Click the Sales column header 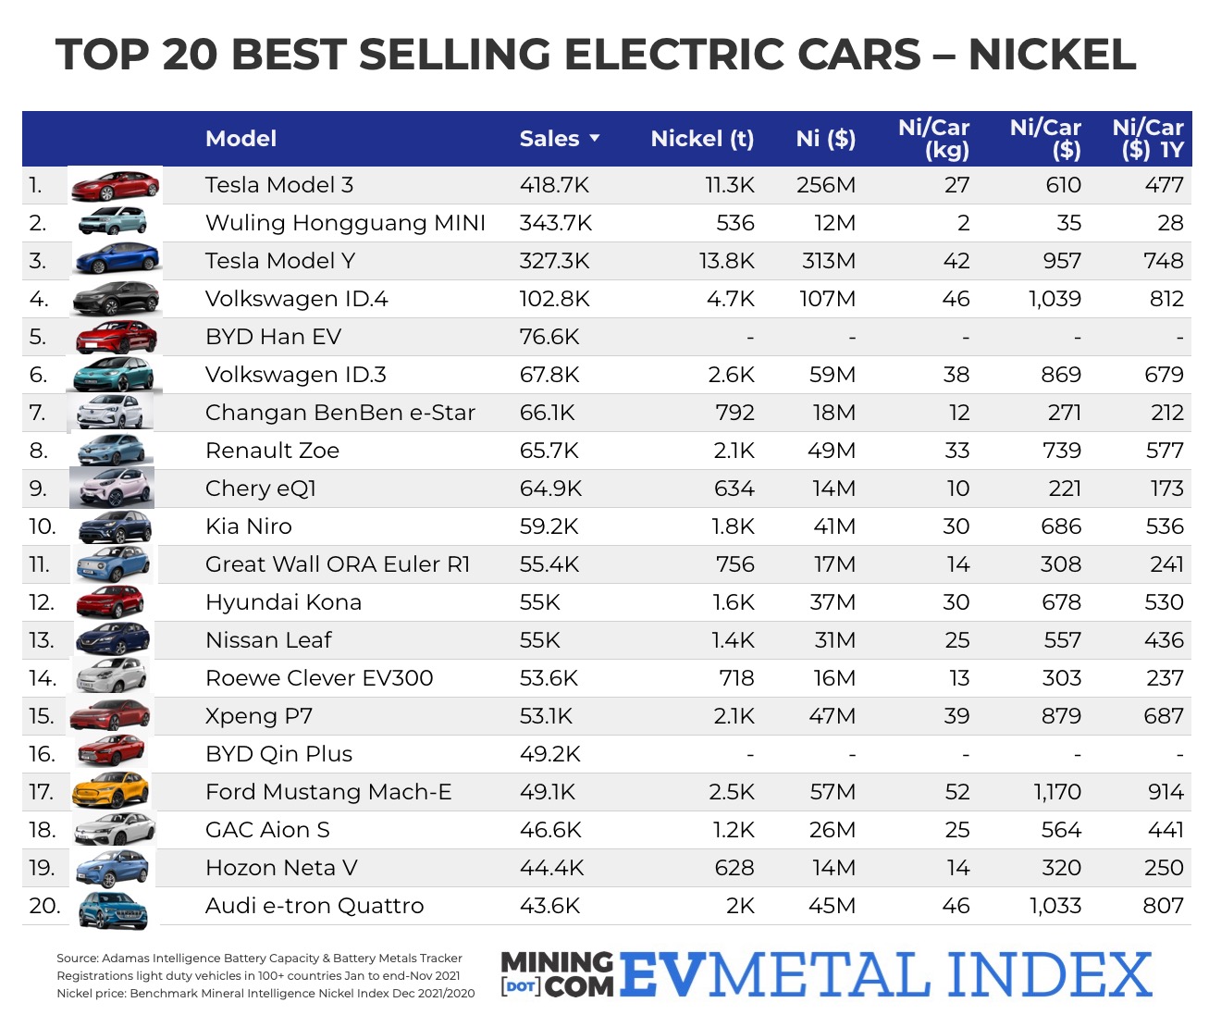tap(549, 139)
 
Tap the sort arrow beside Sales tap(595, 139)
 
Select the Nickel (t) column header tap(702, 139)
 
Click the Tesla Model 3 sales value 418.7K tap(554, 185)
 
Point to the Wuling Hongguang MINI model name tap(345, 223)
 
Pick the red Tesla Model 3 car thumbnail tap(116, 186)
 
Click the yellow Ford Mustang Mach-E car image tap(112, 792)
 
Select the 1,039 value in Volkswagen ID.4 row tap(1055, 299)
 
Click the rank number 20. tap(44, 906)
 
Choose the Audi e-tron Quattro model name tap(315, 906)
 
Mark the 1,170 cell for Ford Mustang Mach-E tap(1056, 792)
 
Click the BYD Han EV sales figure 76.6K tap(549, 337)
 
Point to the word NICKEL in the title tap(1052, 56)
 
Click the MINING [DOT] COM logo tap(557, 975)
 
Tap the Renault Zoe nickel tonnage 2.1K tap(734, 451)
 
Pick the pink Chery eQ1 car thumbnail tap(112, 489)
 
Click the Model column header tap(241, 139)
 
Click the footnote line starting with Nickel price tap(265, 994)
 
